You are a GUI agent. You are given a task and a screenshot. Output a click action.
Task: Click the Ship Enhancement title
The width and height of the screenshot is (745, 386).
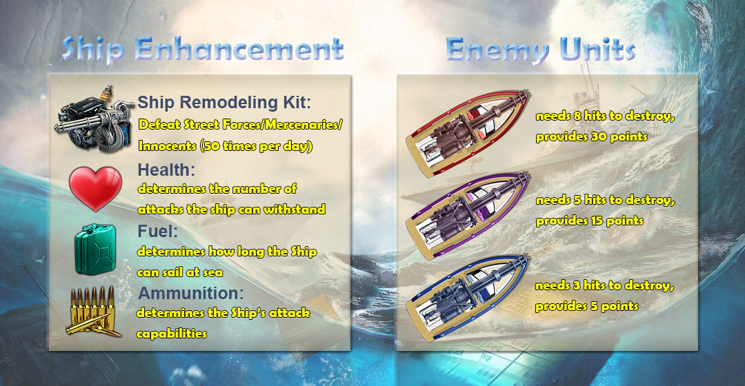[203, 50]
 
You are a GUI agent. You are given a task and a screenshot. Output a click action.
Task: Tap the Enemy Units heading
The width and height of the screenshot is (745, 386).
[541, 50]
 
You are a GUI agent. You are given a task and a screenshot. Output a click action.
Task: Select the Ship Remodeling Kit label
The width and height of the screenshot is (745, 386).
[224, 103]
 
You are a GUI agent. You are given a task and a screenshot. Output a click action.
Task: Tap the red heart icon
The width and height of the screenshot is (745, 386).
[95, 188]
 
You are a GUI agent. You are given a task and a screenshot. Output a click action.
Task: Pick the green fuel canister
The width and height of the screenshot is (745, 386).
[95, 250]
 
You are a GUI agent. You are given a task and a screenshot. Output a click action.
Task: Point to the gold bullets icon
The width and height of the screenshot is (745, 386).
[94, 312]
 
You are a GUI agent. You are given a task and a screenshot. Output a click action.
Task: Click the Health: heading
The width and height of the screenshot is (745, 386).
[166, 170]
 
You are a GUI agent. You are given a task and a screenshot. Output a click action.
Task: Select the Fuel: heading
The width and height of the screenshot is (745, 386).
[158, 231]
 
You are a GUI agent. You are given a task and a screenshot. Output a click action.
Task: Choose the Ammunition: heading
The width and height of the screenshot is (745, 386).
[190, 293]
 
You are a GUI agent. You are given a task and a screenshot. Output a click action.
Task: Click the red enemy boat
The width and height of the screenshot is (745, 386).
[468, 134]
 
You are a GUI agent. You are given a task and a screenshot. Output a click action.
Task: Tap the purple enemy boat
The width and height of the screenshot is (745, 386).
[468, 216]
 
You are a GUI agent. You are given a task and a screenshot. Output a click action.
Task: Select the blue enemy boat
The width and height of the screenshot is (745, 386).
[468, 298]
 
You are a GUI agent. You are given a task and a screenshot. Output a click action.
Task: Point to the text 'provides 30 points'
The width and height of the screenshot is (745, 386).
[592, 136]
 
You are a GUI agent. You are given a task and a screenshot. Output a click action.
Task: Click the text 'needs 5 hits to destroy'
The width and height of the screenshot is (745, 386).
[605, 201]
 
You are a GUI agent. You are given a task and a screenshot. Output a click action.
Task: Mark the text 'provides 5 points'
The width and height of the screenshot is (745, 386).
[587, 306]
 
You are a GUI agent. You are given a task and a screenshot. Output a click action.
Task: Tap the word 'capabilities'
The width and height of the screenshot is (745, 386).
[172, 334]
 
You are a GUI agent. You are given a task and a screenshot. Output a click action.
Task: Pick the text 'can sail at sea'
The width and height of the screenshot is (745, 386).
[179, 272]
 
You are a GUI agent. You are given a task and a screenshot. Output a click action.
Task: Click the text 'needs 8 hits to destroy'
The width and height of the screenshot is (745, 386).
[606, 116]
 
